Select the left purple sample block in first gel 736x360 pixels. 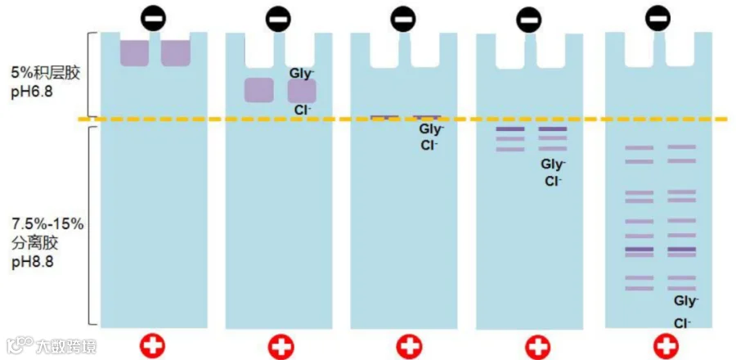pyautogui.click(x=135, y=52)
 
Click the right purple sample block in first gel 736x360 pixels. pyautogui.click(x=175, y=52)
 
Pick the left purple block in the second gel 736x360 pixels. pyautogui.click(x=258, y=90)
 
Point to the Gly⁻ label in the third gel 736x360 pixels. pyautogui.click(x=431, y=129)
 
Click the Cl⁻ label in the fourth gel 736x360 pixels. pyautogui.click(x=554, y=181)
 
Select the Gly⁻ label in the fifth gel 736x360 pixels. pyautogui.click(x=685, y=301)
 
